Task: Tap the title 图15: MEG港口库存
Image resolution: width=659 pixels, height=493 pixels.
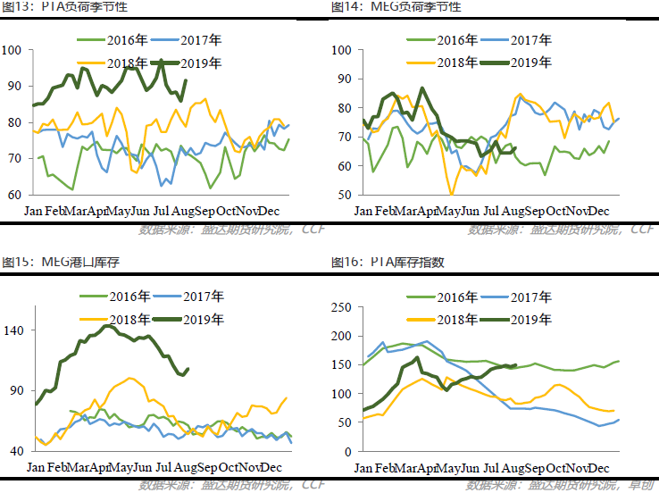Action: (x=54, y=263)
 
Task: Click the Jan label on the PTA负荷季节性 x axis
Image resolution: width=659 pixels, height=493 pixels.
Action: (x=34, y=211)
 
